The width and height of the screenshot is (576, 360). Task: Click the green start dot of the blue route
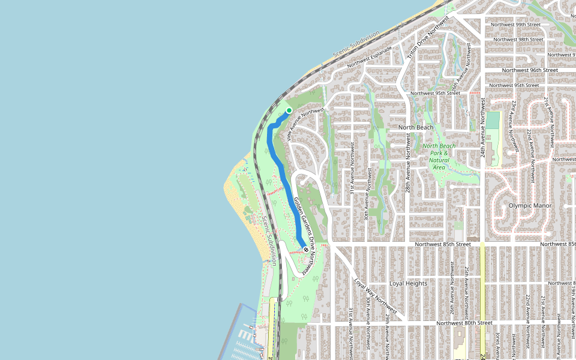289,110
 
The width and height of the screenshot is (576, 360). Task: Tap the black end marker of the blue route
306,249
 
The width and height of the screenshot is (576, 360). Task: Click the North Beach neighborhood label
416,128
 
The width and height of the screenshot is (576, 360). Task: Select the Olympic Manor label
530,205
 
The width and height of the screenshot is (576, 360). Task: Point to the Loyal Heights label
408,283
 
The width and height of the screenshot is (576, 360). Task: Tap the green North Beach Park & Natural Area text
439,157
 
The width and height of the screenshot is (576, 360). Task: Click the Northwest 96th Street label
530,70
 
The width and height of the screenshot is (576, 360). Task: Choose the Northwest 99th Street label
515,25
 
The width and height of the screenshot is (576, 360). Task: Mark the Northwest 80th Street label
464,323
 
